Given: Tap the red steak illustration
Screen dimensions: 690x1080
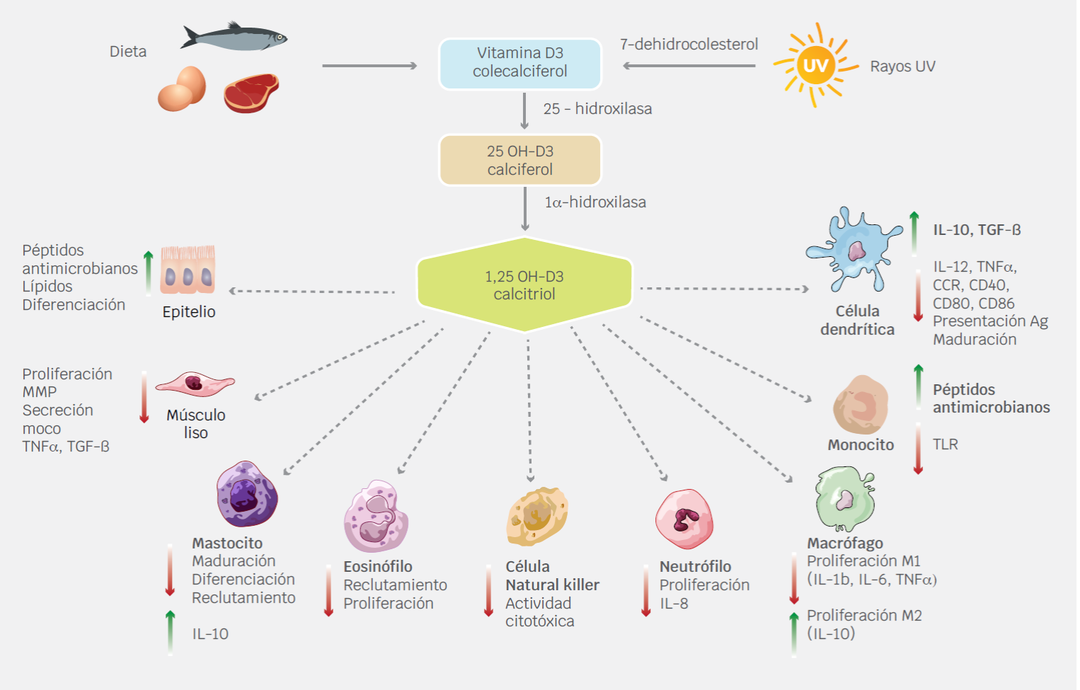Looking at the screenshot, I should (x=251, y=93).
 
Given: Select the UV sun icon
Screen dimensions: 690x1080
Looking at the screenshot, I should (x=815, y=65).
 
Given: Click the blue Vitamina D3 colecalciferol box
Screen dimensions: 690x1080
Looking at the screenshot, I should (x=520, y=63).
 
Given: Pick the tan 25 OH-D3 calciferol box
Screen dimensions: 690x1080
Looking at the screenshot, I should (x=520, y=161).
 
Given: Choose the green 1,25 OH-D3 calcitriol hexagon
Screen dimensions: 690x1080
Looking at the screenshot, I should (x=524, y=285).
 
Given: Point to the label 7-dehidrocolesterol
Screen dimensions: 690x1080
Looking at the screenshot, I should (x=689, y=45).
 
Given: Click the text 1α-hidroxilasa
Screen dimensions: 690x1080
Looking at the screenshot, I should (x=594, y=202).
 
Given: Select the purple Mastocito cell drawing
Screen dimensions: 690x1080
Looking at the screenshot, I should (x=246, y=495).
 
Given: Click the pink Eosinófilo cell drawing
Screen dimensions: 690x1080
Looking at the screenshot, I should (x=376, y=517).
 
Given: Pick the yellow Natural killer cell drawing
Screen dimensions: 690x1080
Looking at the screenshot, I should (x=537, y=516).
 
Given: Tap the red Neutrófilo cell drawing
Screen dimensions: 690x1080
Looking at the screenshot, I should (x=684, y=519).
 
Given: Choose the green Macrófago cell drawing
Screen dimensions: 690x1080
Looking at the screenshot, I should (x=845, y=498).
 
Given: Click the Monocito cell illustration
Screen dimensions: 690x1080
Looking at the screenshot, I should (x=861, y=405).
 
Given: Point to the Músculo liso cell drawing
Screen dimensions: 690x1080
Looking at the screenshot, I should (x=195, y=384).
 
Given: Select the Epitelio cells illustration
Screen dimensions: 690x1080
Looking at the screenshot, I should (x=188, y=270).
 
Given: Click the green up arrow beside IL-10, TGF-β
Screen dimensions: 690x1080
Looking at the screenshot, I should (x=914, y=232).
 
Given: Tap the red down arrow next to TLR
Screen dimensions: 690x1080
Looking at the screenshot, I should (x=918, y=448).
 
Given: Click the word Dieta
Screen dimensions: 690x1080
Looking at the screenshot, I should (x=128, y=52).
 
